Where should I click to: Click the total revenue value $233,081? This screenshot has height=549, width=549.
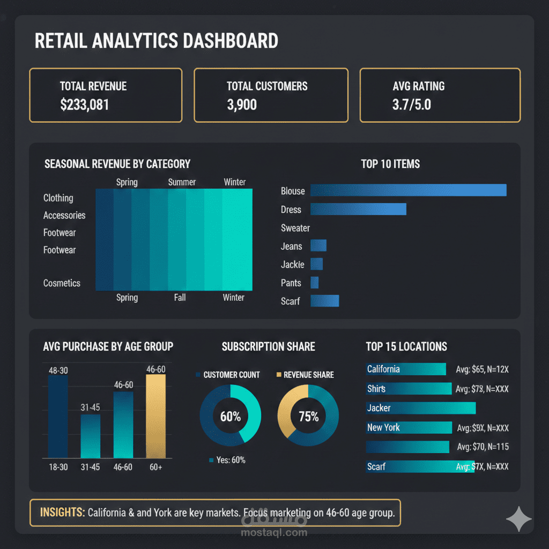point(85,104)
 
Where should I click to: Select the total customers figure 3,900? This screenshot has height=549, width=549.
point(242,104)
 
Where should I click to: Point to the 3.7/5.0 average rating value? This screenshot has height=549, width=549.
point(412,104)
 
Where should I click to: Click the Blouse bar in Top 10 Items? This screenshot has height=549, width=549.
point(408,190)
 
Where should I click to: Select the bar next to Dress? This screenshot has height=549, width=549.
point(358,209)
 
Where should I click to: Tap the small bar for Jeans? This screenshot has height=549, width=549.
point(318,246)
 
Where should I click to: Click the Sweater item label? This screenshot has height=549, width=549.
point(295,228)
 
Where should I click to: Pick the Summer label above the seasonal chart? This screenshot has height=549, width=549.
point(182,182)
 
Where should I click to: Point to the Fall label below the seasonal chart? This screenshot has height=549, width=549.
point(180,297)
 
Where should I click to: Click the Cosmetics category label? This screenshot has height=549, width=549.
point(62,283)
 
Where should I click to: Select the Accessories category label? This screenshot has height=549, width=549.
point(64,215)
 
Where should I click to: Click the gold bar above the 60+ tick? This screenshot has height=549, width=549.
point(156,416)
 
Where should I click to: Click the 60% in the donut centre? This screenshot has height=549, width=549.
point(231,417)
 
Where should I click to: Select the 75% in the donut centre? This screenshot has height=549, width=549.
point(308,417)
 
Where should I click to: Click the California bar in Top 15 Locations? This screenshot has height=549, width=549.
point(406,369)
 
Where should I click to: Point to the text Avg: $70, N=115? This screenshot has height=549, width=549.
point(483,447)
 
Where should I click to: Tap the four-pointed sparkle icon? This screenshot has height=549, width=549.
point(519,519)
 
